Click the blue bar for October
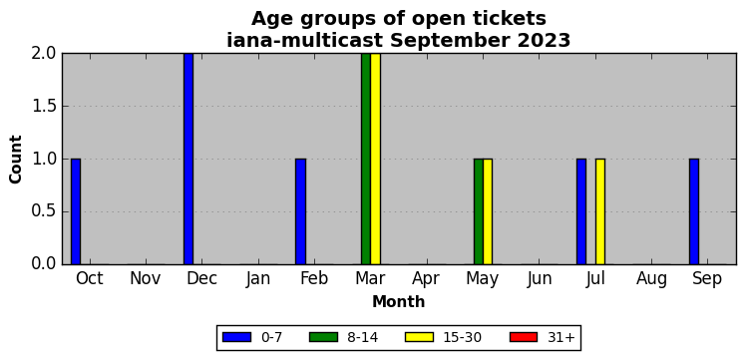[x=76, y=211]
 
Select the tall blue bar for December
[x=188, y=159]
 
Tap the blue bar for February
[x=301, y=211]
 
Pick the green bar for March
[x=366, y=159]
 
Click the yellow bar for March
[x=375, y=159]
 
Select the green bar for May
[x=479, y=211]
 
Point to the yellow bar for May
[x=488, y=211]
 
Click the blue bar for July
[x=581, y=211]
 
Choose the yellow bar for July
[x=600, y=211]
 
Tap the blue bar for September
[x=694, y=211]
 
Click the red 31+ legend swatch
[x=524, y=337]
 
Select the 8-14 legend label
[x=362, y=337]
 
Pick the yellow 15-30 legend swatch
[x=419, y=337]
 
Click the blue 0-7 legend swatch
[x=236, y=337]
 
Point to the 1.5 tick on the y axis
[x=44, y=107]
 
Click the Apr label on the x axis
[x=426, y=279]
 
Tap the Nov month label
[x=146, y=279]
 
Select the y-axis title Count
[x=16, y=160]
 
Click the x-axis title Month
[x=399, y=301]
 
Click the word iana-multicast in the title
[x=304, y=41]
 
